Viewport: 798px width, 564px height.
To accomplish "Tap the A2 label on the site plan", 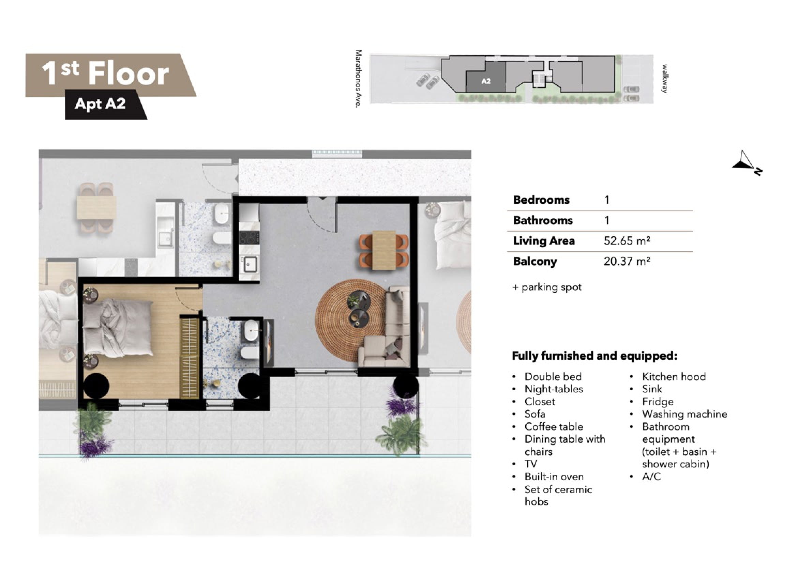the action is pos(486,81).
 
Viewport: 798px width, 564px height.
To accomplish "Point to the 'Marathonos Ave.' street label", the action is pos(359,78).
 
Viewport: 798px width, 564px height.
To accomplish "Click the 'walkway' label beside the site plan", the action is pos(664,78).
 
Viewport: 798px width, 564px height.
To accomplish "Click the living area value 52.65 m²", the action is pos(627,241).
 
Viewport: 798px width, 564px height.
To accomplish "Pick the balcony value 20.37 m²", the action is pos(627,262).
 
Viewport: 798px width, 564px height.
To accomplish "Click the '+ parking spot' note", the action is pos(547,287).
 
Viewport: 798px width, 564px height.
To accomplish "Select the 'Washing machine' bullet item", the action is pos(684,414).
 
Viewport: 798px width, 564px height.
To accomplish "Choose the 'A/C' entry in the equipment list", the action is pos(651,476).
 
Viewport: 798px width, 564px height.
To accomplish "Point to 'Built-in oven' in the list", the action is pos(554,476).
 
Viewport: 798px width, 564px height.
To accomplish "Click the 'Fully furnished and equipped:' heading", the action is pos(595,356).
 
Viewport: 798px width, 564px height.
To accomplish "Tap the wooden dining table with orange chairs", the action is pos(384,250).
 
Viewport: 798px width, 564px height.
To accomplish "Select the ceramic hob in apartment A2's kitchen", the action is pos(249,237).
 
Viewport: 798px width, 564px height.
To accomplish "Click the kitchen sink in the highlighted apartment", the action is pos(250,264).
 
